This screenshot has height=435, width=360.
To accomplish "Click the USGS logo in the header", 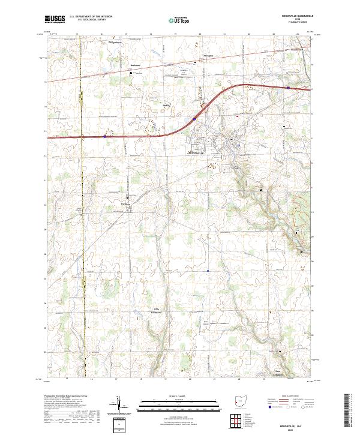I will click(55, 19).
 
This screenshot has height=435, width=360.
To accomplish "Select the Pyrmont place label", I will click(125, 204).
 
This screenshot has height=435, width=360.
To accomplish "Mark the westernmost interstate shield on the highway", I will click(105, 136).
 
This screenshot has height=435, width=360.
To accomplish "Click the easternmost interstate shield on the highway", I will click(288, 88).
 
